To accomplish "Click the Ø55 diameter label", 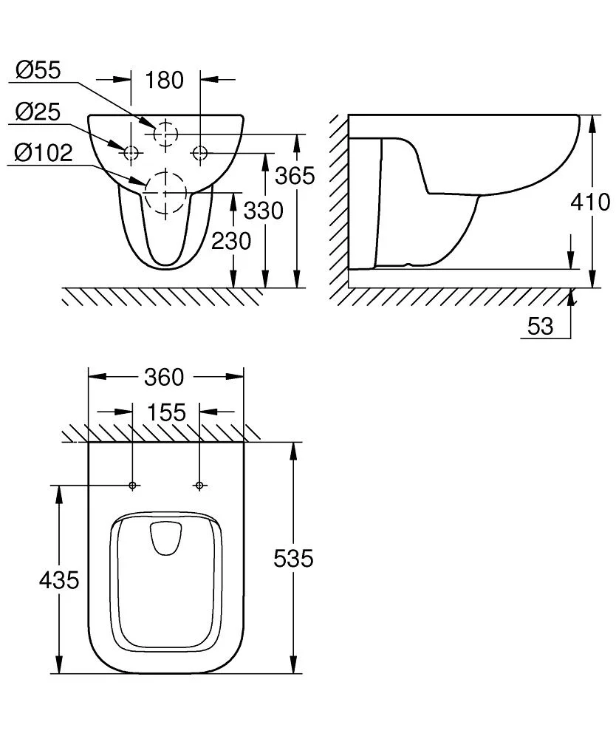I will coord(38,71).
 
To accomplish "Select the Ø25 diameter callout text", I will coord(38,112).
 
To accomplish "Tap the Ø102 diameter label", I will coord(44,153).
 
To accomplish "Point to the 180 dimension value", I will coord(164,79).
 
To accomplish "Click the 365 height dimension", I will coord(295,176).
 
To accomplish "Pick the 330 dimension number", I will coord(264,211).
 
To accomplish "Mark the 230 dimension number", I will coord(231,240).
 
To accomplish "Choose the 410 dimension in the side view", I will coord(591,201).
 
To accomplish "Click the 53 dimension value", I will coord(541,326).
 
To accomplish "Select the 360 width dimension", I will coord(163,377).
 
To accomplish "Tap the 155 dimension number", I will coord(166,412).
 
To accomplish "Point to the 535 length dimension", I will coord(293,559).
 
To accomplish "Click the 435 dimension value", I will coord(58,580).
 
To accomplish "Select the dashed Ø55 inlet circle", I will coord(166,133).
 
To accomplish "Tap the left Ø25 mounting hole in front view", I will coord(131,153).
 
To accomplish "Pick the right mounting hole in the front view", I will coord(200,153).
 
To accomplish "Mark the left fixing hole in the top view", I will coord(133,486).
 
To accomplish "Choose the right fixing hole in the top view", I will coord(199,486).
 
